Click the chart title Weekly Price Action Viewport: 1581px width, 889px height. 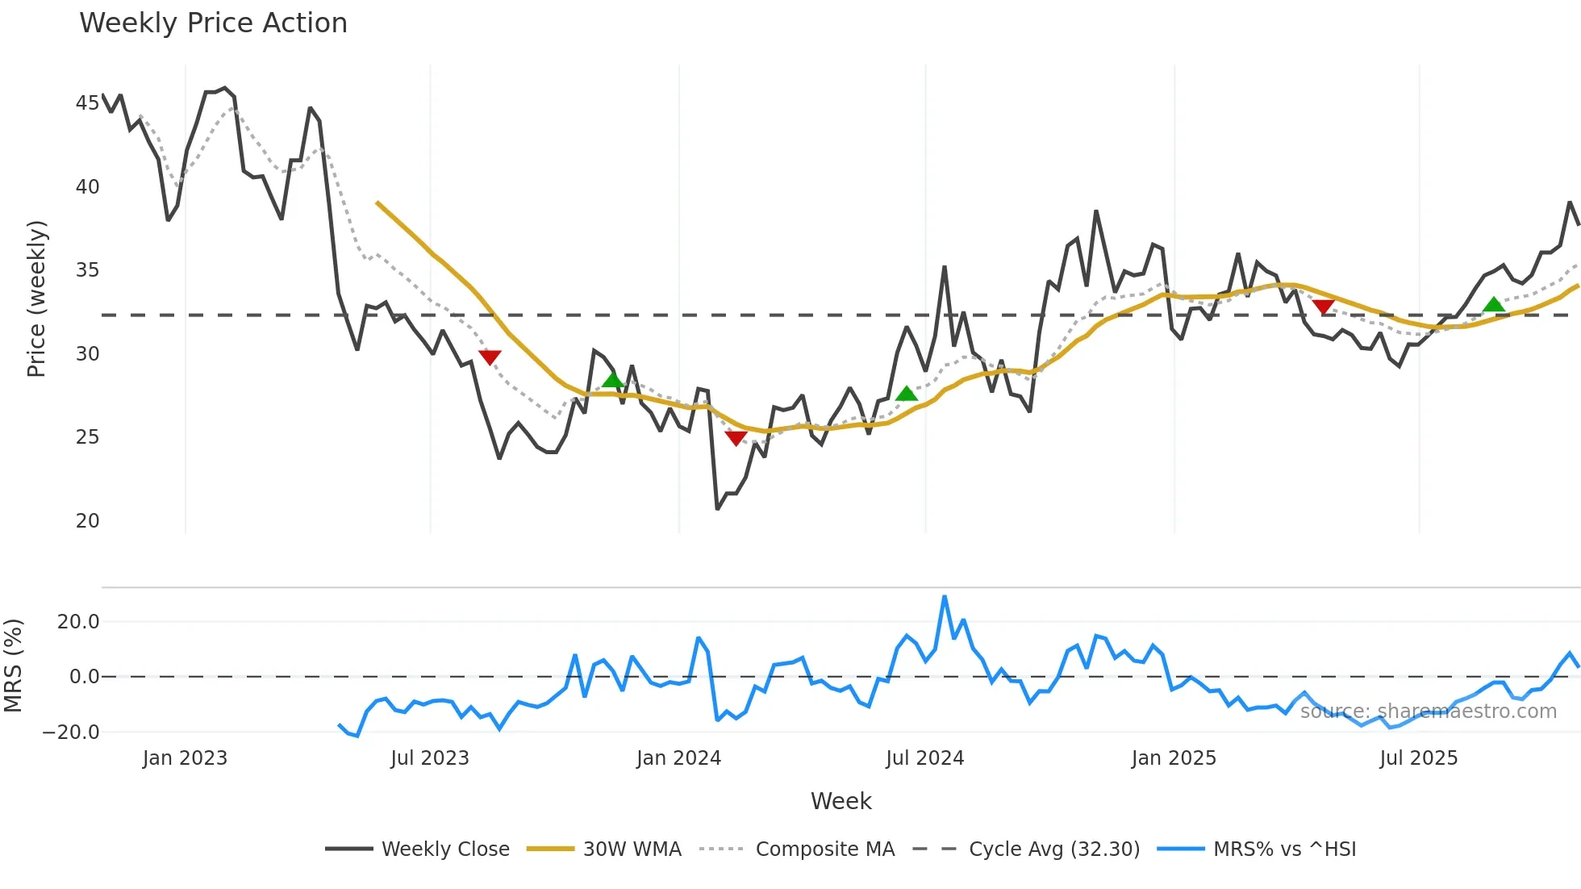click(213, 23)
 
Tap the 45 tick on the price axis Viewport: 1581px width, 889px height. click(87, 103)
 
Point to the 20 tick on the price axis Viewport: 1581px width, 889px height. click(87, 521)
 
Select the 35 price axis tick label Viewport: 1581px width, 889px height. click(87, 270)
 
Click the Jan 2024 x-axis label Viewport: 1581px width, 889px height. click(678, 758)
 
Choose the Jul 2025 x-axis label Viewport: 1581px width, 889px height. click(1418, 758)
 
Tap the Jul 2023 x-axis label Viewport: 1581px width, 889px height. click(430, 758)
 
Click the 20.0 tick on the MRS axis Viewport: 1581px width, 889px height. click(78, 622)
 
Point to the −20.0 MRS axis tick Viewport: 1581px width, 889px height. click(71, 732)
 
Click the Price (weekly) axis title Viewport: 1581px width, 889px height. click(36, 298)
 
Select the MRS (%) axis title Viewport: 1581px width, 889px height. click(13, 666)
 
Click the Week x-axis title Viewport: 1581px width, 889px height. click(841, 801)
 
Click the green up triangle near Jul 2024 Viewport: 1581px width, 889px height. click(907, 394)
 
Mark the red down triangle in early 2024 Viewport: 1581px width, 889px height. click(736, 438)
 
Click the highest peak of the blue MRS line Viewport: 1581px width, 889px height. click(945, 597)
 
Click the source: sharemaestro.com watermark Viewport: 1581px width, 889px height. click(1428, 712)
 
